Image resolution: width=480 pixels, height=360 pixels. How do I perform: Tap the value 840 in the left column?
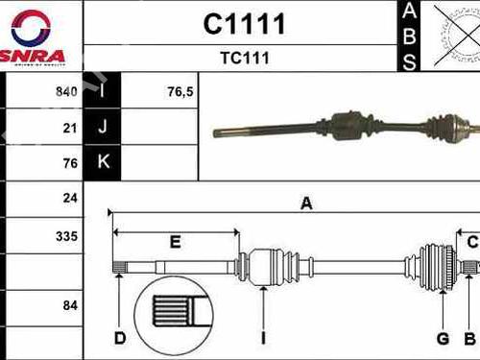67,92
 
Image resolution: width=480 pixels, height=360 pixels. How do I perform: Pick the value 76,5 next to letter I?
155,92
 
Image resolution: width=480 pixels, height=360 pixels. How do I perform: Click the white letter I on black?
102,92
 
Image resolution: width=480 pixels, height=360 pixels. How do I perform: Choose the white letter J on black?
102,128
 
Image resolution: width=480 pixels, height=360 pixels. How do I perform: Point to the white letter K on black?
102,163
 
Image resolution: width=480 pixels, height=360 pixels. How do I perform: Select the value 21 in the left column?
70,128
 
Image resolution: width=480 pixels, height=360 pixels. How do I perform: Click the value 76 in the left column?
70,163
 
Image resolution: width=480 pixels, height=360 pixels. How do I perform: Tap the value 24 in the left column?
70,199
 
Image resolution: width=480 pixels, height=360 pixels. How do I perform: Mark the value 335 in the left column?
67,235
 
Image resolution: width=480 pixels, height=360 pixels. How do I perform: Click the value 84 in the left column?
70,305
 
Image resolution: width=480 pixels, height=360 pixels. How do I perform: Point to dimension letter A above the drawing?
307,203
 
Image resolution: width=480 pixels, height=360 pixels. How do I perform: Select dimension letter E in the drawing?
175,243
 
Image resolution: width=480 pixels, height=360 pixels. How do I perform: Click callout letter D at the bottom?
120,337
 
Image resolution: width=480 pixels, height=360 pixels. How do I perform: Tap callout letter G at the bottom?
443,337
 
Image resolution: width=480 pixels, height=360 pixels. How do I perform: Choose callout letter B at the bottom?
469,337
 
